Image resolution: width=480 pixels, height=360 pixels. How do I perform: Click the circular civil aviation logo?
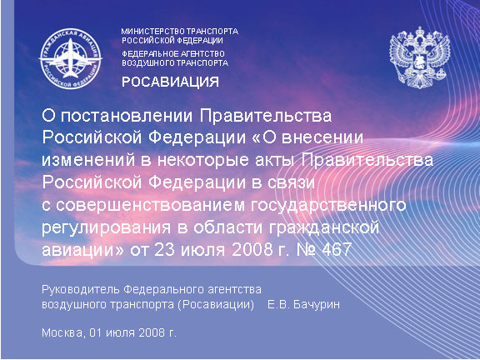70,58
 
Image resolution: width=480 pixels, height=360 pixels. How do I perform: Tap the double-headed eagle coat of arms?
420,57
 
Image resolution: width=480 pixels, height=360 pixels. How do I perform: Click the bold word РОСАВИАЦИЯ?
170,82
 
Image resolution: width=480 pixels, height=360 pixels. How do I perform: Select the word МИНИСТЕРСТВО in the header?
153,32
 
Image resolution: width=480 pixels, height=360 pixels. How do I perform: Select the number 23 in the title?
164,249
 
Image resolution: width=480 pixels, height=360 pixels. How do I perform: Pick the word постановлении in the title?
127,117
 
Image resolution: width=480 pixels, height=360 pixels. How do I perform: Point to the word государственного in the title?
328,206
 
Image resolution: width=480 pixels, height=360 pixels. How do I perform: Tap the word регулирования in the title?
106,228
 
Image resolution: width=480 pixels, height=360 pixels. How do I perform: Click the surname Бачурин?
316,305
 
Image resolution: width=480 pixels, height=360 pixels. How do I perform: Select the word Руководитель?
81,290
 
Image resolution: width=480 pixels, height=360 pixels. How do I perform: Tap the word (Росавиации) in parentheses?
216,306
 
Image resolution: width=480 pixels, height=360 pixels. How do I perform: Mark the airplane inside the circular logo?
71,58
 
